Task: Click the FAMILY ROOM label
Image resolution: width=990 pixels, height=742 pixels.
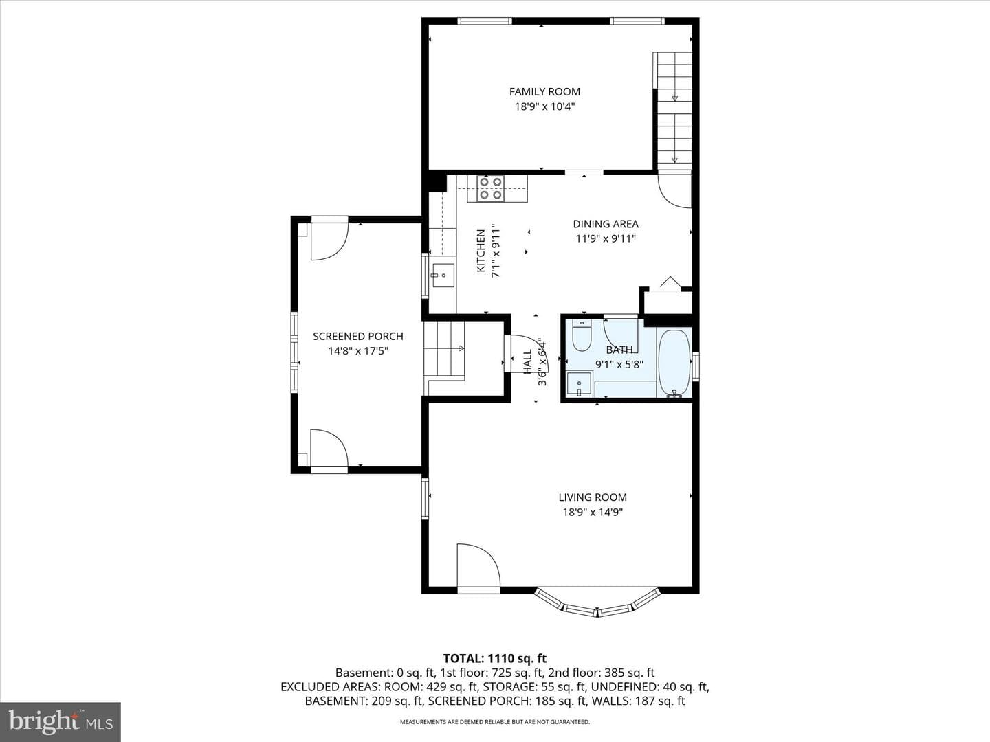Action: (544, 92)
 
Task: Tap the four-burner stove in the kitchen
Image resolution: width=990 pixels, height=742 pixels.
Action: (491, 188)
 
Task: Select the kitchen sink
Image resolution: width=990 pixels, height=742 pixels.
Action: (443, 276)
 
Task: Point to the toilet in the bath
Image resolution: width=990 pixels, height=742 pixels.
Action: (582, 335)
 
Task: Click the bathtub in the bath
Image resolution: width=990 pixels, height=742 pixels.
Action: (674, 363)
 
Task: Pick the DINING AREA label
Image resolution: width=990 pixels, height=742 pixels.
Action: (606, 224)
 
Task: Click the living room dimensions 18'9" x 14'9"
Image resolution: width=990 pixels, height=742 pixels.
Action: (593, 513)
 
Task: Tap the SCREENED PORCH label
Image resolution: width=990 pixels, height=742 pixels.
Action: (358, 337)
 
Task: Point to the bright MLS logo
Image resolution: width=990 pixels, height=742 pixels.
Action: (60, 721)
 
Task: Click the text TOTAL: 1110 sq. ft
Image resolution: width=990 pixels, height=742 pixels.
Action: (495, 659)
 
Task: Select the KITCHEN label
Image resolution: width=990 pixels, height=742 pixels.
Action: (481, 251)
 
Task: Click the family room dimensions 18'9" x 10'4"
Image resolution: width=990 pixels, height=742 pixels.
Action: (544, 106)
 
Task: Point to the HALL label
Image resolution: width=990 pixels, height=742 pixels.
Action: (528, 362)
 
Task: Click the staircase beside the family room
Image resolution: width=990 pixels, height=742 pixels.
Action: (673, 111)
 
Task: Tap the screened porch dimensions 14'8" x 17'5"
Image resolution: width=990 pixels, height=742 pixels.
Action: (358, 351)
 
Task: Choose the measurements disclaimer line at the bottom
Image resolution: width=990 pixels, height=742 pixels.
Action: (495, 721)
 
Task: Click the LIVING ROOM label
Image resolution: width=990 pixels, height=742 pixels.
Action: (593, 497)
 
